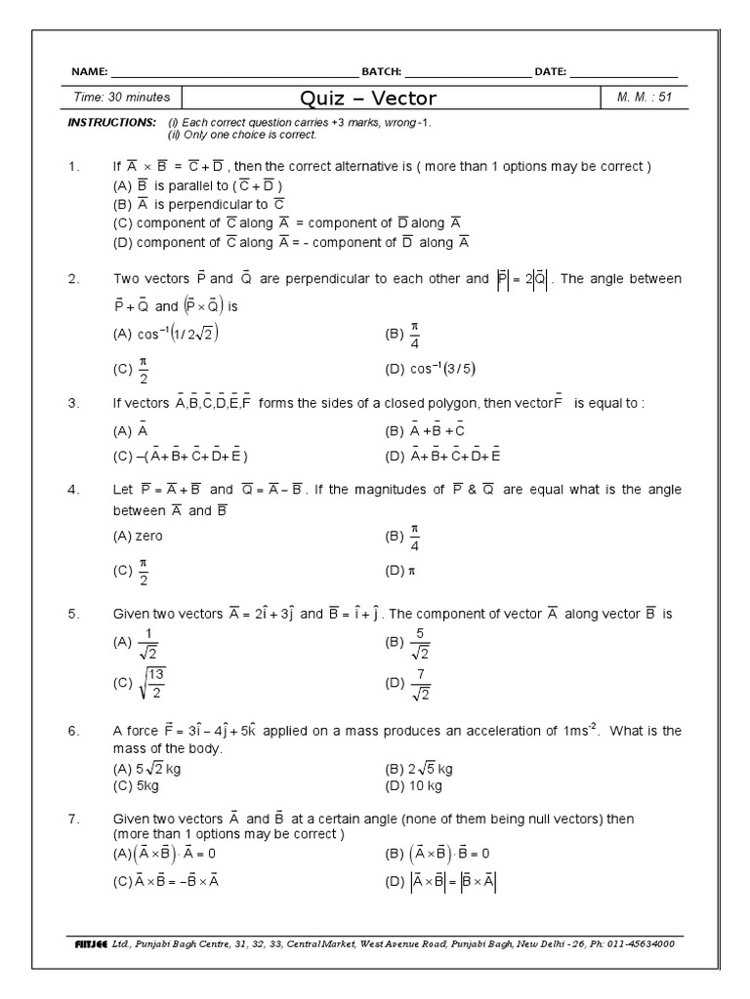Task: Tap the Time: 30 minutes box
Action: (x=122, y=97)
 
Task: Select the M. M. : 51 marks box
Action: (x=646, y=97)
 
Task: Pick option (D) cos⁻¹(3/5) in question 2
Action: (x=431, y=368)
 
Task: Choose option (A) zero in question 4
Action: (x=139, y=536)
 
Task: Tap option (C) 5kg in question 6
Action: (x=137, y=784)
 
